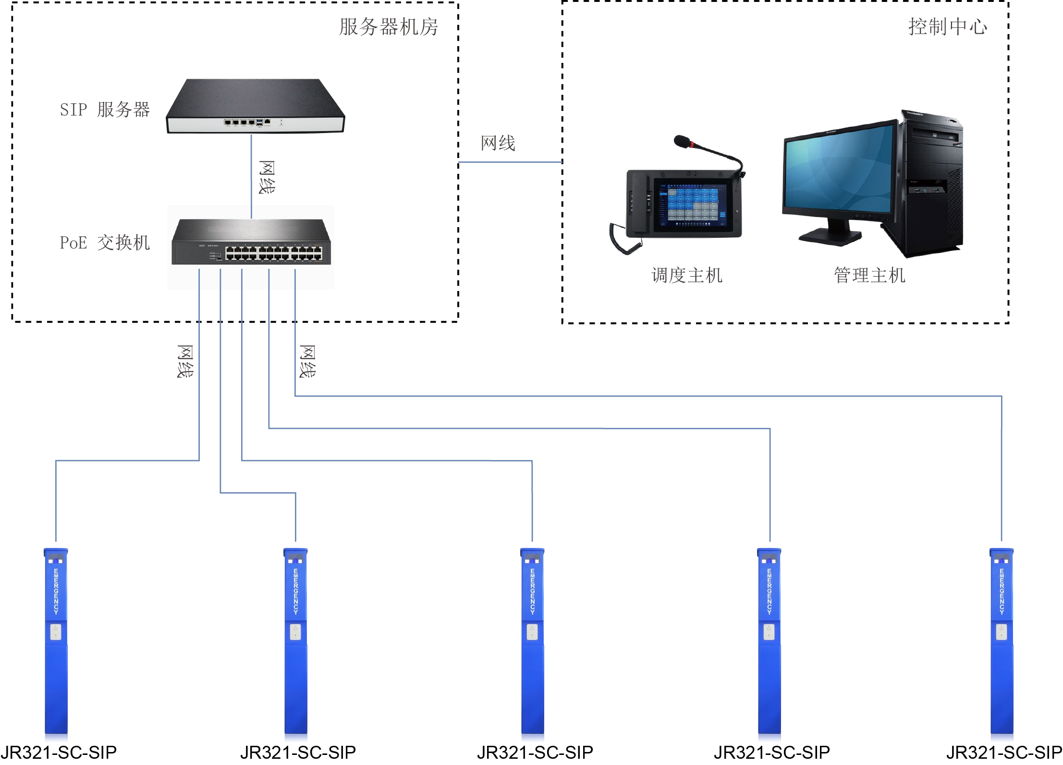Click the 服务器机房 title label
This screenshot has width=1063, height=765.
click(388, 27)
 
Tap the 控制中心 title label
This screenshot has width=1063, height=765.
click(947, 27)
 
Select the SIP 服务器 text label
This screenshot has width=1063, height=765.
click(105, 109)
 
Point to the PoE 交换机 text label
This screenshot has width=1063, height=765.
click(105, 243)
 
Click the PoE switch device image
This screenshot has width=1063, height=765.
click(251, 242)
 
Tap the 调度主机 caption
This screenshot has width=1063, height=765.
click(687, 276)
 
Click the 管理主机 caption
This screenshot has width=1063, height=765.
click(869, 276)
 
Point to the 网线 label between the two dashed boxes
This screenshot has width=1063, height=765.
click(498, 143)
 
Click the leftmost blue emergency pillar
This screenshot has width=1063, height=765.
click(56, 644)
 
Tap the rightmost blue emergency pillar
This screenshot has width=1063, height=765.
click(1002, 644)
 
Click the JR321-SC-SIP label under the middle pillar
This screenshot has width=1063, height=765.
click(535, 752)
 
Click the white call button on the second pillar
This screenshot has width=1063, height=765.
click(295, 631)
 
